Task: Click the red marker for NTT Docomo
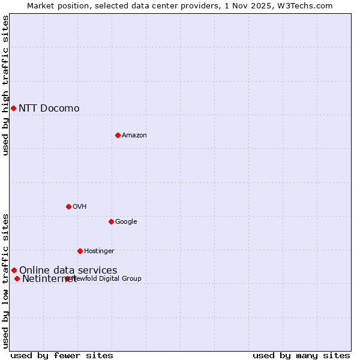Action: (x=13, y=108)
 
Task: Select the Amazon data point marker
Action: (x=118, y=135)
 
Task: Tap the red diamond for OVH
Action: (x=68, y=206)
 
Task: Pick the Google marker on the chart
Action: (x=111, y=221)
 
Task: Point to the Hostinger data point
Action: (x=80, y=251)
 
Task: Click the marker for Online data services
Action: (x=14, y=270)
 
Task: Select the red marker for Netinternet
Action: (x=17, y=278)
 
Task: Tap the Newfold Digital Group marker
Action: (x=67, y=278)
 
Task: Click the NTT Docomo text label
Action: (x=49, y=108)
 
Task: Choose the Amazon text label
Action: (x=134, y=135)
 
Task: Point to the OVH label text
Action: (x=79, y=206)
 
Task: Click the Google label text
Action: (x=126, y=221)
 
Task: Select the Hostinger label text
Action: (x=99, y=251)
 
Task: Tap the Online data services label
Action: (x=68, y=270)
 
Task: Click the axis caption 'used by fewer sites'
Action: (x=62, y=355)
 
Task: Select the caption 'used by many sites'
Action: (x=301, y=355)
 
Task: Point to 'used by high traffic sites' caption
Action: (x=5, y=85)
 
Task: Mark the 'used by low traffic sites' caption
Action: (x=5, y=281)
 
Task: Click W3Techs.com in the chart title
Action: (x=307, y=5)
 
